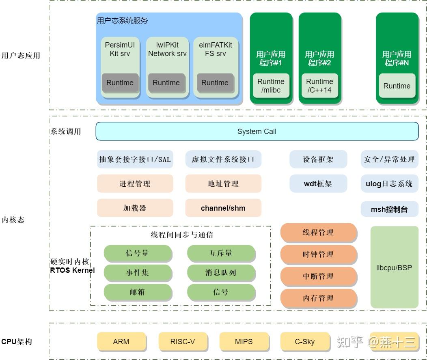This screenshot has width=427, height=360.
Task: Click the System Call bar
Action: click(257, 131)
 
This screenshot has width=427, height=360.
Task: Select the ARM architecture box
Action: click(121, 342)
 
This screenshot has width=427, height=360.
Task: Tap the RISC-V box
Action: click(183, 342)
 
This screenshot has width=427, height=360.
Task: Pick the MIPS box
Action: click(244, 342)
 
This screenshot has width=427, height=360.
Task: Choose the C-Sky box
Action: click(304, 342)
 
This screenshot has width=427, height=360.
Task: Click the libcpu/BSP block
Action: click(394, 267)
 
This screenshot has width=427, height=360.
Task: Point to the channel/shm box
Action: click(223, 208)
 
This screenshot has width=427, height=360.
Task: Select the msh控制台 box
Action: click(389, 209)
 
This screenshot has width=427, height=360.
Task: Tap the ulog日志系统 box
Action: click(389, 184)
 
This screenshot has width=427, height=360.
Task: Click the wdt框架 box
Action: click(318, 184)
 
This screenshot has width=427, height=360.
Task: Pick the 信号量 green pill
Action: click(138, 253)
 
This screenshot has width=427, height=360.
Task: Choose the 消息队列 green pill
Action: click(221, 273)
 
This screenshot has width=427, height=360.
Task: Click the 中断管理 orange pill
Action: click(318, 276)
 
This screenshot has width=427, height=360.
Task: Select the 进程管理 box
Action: click(135, 184)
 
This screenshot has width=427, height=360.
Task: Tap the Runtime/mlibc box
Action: click(271, 86)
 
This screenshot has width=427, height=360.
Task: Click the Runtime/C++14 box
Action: click(319, 86)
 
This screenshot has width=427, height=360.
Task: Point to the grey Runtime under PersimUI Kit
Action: click(120, 83)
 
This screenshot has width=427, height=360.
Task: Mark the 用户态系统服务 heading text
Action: click(122, 21)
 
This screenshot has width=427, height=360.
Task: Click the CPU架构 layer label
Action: click(17, 342)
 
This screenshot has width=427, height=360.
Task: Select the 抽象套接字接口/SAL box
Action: click(135, 160)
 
